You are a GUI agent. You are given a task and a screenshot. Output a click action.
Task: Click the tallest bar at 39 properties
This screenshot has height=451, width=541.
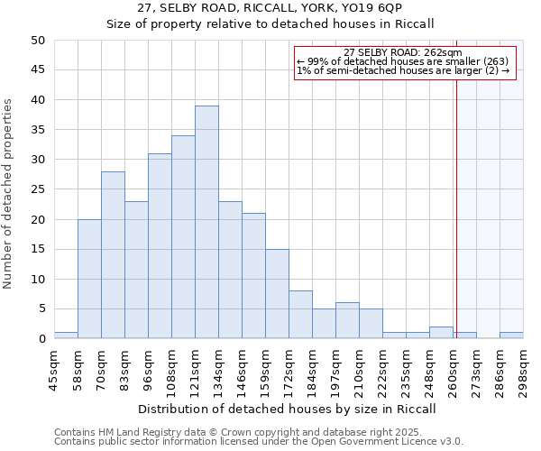206,223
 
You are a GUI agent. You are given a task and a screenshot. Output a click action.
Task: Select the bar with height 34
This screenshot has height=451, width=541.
183,237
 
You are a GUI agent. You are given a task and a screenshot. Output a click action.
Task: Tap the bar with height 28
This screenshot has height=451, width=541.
113,255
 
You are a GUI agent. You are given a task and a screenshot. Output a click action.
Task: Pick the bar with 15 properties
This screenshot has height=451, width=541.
277,294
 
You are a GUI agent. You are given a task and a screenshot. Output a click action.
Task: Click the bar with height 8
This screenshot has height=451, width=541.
300,315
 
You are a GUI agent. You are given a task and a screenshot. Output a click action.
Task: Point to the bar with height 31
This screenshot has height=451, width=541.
160,246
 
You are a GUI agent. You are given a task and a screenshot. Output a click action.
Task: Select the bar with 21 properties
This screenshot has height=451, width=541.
253,276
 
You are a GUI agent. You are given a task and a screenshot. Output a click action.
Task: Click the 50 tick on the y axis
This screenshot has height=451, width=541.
38,41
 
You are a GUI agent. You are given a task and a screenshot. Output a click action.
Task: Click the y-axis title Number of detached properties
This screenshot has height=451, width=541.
9,194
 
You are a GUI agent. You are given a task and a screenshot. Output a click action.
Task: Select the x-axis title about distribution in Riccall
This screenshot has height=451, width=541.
288,409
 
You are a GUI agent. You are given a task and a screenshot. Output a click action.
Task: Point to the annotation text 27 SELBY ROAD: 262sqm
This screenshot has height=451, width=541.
403,52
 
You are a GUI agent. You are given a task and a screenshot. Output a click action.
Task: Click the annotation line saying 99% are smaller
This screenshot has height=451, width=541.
403,61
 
